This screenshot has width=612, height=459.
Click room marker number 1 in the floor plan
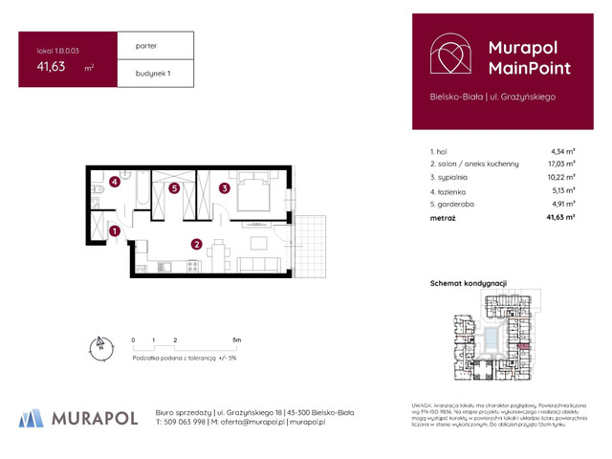pyautogui.click(x=115, y=230)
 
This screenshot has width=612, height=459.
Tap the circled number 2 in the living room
pyautogui.click(x=196, y=244)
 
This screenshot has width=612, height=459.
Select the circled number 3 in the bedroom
pyautogui.click(x=223, y=188)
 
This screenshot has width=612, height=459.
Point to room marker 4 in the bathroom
pyautogui.click(x=114, y=181)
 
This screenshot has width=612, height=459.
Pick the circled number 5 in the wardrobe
pyautogui.click(x=174, y=188)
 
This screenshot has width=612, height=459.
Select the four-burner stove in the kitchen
pyautogui.click(x=189, y=266)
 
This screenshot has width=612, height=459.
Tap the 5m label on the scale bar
pyautogui.click(x=236, y=339)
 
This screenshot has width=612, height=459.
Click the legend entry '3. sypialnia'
pyautogui.click(x=452, y=177)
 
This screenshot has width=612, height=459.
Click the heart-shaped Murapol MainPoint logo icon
pyautogui.click(x=448, y=56)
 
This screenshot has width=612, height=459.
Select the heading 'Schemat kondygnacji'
pyautogui.click(x=469, y=283)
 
